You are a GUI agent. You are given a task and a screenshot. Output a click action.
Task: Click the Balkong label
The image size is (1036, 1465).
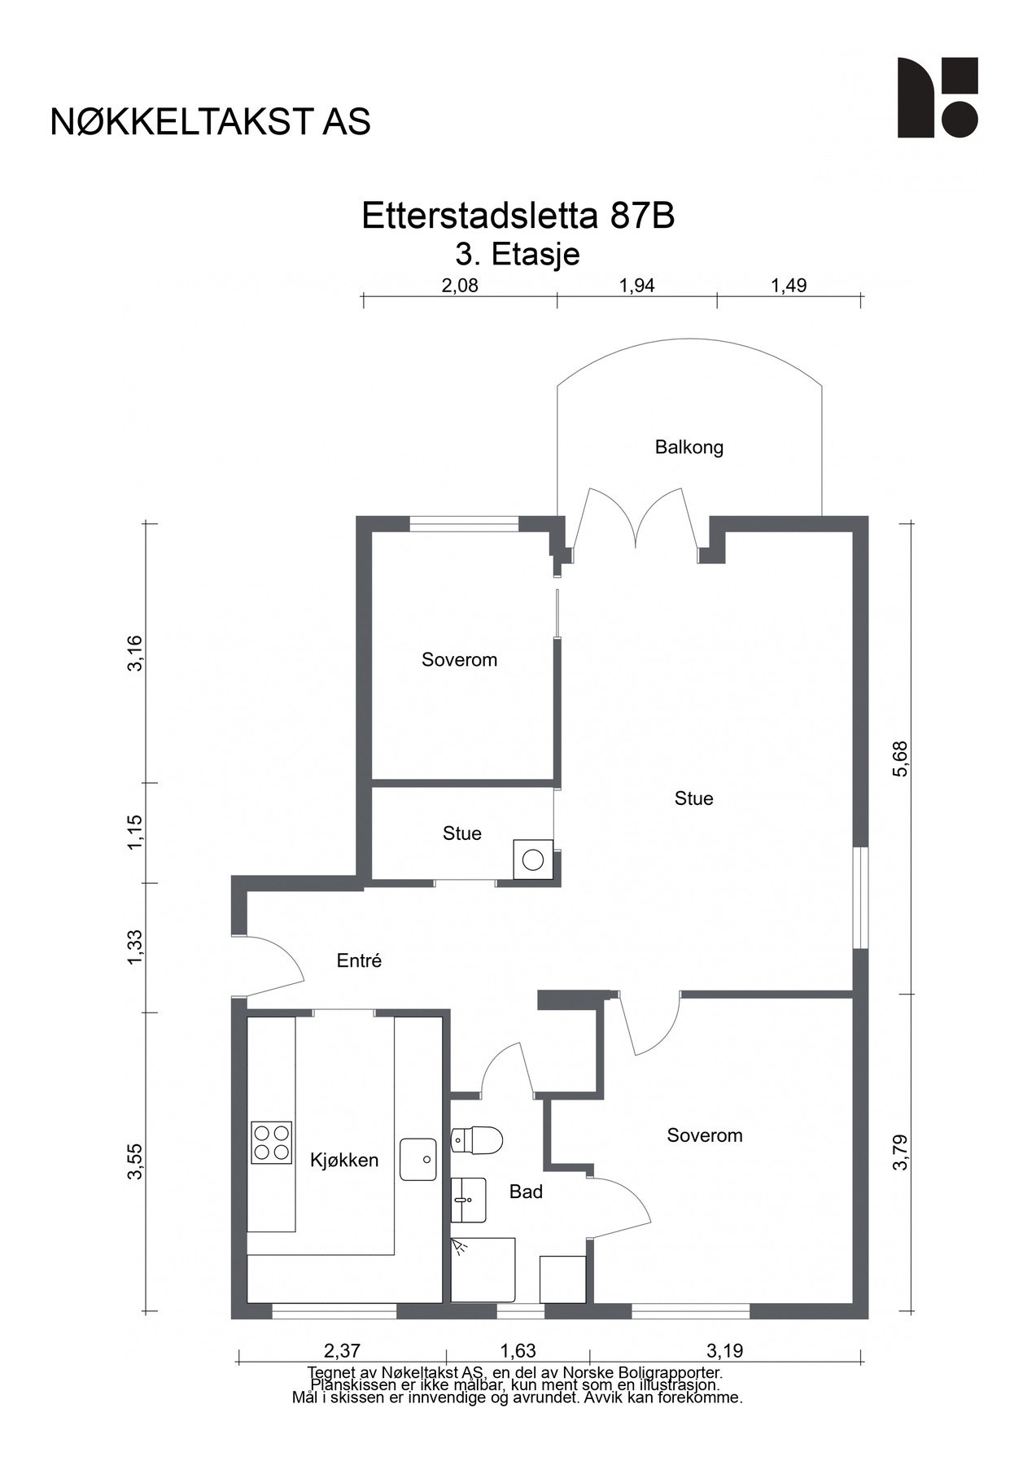pyautogui.click(x=688, y=447)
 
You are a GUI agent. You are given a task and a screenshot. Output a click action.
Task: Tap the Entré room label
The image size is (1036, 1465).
pyautogui.click(x=359, y=960)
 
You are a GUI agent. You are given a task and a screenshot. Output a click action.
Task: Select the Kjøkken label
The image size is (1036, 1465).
pyautogui.click(x=344, y=1161)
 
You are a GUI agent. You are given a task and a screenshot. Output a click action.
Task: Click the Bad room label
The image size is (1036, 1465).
pyautogui.click(x=526, y=1192)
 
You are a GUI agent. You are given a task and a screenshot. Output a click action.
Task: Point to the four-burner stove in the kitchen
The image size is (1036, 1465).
pyautogui.click(x=272, y=1141)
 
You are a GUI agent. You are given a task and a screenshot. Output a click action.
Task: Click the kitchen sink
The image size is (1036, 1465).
pyautogui.click(x=418, y=1159)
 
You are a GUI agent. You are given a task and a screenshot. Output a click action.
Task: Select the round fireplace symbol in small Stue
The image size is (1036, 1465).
pyautogui.click(x=533, y=859)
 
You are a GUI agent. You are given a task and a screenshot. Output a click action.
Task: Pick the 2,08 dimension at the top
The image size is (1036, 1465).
pyautogui.click(x=460, y=286)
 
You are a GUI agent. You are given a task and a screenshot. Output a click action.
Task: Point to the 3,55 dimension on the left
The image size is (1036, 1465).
pyautogui.click(x=135, y=1161)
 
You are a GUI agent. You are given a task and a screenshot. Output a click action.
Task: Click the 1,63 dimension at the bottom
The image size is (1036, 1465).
pyautogui.click(x=518, y=1351)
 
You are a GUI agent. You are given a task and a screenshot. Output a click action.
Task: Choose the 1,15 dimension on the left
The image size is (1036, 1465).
pyautogui.click(x=135, y=833)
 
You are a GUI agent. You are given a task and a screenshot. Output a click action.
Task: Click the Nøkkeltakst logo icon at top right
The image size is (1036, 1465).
pyautogui.click(x=938, y=98)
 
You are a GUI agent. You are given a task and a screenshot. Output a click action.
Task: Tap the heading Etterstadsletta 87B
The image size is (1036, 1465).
pyautogui.click(x=518, y=216)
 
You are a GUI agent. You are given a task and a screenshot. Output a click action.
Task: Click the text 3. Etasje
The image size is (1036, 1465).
pyautogui.click(x=518, y=255)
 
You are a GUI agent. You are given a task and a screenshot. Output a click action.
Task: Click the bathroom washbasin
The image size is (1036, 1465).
pyautogui.click(x=469, y=1200)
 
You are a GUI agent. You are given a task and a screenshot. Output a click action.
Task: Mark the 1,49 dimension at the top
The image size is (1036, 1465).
pyautogui.click(x=789, y=286)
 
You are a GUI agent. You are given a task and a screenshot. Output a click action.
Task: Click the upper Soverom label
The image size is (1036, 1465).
pyautogui.click(x=459, y=660)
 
